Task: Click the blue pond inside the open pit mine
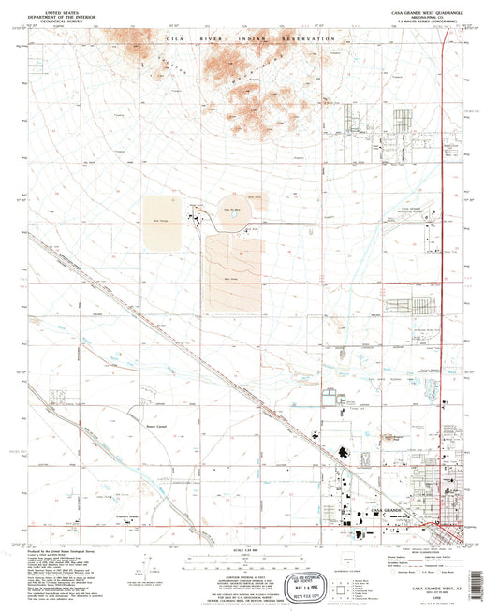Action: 226,221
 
